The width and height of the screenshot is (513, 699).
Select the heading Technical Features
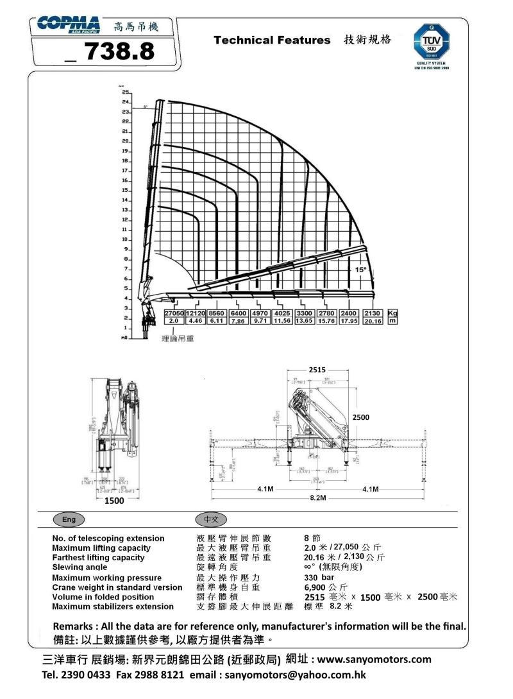pyautogui.click(x=272, y=40)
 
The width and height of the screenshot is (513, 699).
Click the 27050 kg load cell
pyautogui.click(x=174, y=313)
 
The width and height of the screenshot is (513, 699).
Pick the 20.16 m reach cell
pyautogui.click(x=373, y=321)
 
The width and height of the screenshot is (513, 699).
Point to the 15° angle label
pyautogui.click(x=361, y=270)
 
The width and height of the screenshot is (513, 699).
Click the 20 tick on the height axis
pyautogui.click(x=126, y=141)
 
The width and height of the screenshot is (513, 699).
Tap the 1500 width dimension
pyautogui.click(x=115, y=501)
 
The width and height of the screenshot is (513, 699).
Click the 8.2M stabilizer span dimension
pyautogui.click(x=317, y=498)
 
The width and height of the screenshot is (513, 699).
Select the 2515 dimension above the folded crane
pyautogui.click(x=317, y=370)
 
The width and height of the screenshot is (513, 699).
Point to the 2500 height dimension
pyautogui.click(x=360, y=417)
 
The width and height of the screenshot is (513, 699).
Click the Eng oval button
pyautogui.click(x=67, y=519)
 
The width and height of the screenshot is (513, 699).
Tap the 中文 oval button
pyautogui.click(x=210, y=519)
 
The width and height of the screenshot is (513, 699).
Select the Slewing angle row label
pyautogui.click(x=80, y=567)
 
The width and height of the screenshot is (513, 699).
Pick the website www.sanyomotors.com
pyautogui.click(x=374, y=659)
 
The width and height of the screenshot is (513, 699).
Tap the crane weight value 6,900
pyautogui.click(x=316, y=587)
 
